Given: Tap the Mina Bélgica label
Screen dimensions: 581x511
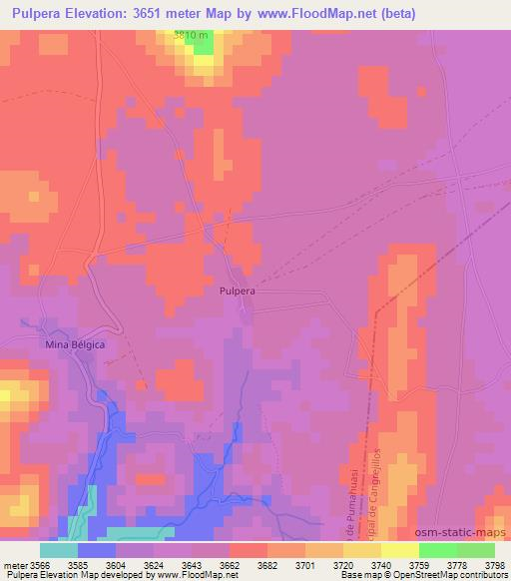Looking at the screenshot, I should tap(76, 344).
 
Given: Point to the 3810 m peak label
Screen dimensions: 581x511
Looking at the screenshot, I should tap(192, 36).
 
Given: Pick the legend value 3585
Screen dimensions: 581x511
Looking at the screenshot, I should tap(97, 565).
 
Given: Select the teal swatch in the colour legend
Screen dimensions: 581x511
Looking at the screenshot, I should tap(59, 550).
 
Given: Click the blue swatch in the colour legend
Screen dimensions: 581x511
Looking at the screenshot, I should tap(97, 550).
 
